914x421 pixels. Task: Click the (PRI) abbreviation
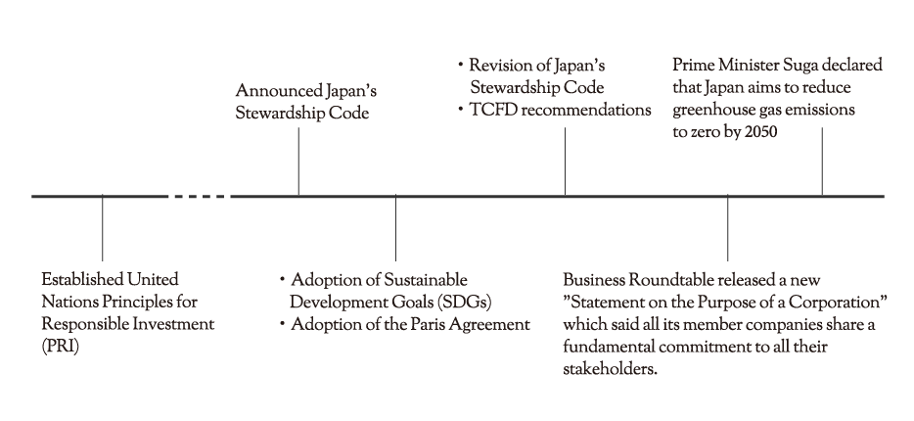pos(60,347)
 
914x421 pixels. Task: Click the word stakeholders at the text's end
pos(610,369)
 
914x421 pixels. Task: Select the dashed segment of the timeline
pos(199,197)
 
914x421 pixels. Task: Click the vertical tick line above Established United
pos(102,228)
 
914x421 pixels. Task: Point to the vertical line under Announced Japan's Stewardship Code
pos(298,162)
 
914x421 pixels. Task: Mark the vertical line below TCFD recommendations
pos(565,162)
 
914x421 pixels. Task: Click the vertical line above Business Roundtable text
pos(727,228)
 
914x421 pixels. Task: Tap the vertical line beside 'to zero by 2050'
pos(822,162)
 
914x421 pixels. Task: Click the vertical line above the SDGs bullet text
pos(395,228)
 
